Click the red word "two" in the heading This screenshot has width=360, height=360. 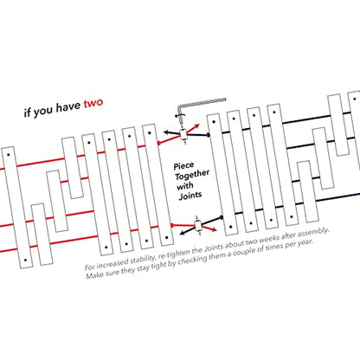pyautogui.click(x=93, y=103)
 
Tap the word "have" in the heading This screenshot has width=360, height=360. pyautogui.click(x=67, y=107)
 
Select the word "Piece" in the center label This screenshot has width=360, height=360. pyautogui.click(x=183, y=166)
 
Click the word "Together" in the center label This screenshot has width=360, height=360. pyautogui.click(x=192, y=175)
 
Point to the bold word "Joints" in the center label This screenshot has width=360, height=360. pyautogui.click(x=190, y=196)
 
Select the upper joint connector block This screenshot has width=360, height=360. pyautogui.click(x=183, y=134)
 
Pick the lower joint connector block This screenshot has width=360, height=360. pyautogui.click(x=198, y=225)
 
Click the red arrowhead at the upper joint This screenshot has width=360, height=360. pyautogui.click(x=197, y=126)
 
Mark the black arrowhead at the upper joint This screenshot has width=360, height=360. pyautogui.click(x=166, y=132)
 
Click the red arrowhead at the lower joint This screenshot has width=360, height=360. pyautogui.click(x=214, y=229)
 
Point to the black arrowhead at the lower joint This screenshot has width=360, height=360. pyautogui.click(x=183, y=233)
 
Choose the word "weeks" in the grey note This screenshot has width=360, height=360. pyautogui.click(x=269, y=240)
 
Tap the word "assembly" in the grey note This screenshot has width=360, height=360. pyautogui.click(x=313, y=233)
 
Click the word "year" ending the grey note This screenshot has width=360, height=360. pyautogui.click(x=305, y=242)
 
